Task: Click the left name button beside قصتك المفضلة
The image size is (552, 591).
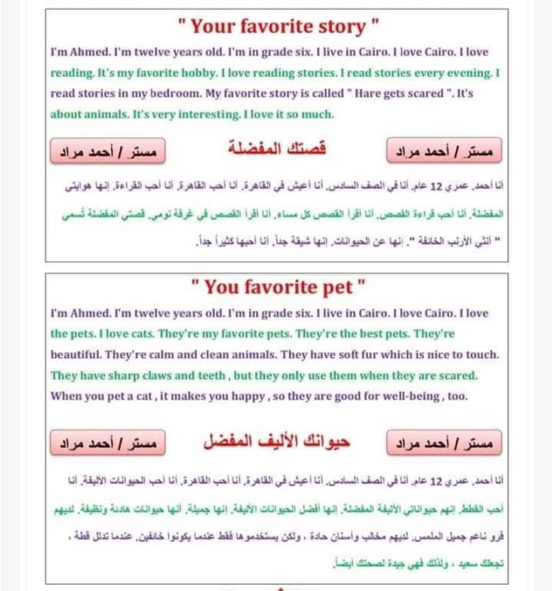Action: tap(107, 152)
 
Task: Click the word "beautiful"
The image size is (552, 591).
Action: tap(77, 355)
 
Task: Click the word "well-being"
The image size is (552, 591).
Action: tap(408, 396)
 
